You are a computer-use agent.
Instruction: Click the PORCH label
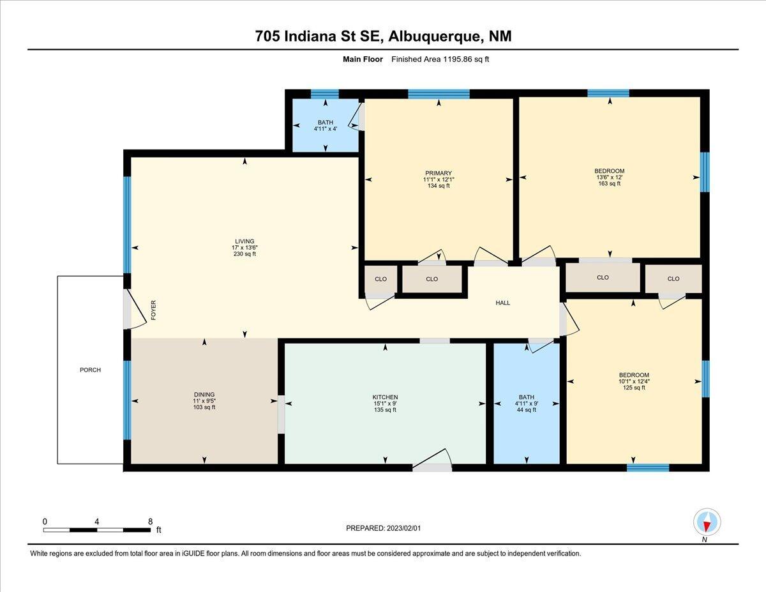tap(90, 370)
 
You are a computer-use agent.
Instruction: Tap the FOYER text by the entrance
tap(153, 310)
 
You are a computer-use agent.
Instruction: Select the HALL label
tap(502, 303)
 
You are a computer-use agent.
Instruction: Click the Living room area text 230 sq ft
tap(244, 254)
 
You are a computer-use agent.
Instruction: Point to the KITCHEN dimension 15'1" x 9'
tap(385, 404)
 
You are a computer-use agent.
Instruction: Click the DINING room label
tap(204, 395)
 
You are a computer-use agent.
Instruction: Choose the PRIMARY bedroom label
tap(438, 173)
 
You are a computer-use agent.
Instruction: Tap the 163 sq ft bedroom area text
tap(609, 184)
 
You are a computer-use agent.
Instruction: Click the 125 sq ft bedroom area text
tap(634, 388)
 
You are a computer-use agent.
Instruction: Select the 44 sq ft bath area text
tap(526, 410)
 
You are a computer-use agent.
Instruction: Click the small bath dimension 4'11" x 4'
tap(326, 129)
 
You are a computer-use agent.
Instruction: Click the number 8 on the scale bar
tap(151, 522)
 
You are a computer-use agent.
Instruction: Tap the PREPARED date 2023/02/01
tap(403, 528)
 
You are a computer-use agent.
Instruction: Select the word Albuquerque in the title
tap(435, 36)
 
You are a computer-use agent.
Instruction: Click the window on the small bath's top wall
tap(325, 94)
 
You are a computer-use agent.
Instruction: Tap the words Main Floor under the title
tap(363, 59)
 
